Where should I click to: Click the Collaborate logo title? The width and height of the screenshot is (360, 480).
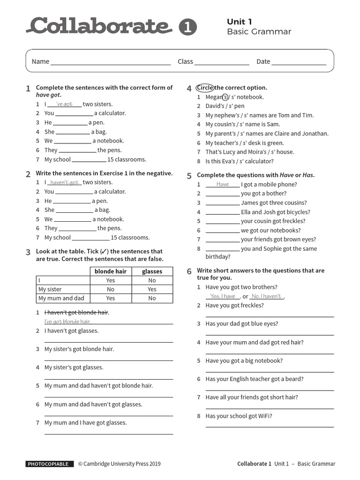click(x=99, y=26)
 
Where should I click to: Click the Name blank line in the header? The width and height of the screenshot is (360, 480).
click(x=111, y=62)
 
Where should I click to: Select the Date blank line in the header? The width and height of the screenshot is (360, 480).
click(x=299, y=62)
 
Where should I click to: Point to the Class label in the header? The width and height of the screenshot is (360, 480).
click(x=185, y=61)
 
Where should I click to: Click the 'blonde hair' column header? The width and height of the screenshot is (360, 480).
click(x=111, y=271)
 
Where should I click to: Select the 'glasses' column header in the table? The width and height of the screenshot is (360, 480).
click(x=152, y=271)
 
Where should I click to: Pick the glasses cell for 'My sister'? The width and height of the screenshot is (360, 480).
click(x=152, y=289)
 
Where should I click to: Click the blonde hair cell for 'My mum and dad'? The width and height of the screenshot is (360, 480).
click(x=111, y=298)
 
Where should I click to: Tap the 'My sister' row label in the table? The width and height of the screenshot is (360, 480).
click(x=50, y=289)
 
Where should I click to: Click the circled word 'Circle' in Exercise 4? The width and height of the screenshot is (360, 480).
click(x=205, y=88)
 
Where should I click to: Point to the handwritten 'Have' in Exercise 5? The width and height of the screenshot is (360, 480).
click(x=223, y=184)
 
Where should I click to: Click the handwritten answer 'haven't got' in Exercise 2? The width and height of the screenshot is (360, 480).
click(x=65, y=182)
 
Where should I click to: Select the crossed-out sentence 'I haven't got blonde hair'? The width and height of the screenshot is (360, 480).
click(x=76, y=312)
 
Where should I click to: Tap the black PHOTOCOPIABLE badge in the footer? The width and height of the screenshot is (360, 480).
click(x=50, y=464)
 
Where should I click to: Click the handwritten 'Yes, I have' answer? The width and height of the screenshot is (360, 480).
click(x=223, y=296)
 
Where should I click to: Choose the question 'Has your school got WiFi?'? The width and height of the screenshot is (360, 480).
click(x=239, y=416)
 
